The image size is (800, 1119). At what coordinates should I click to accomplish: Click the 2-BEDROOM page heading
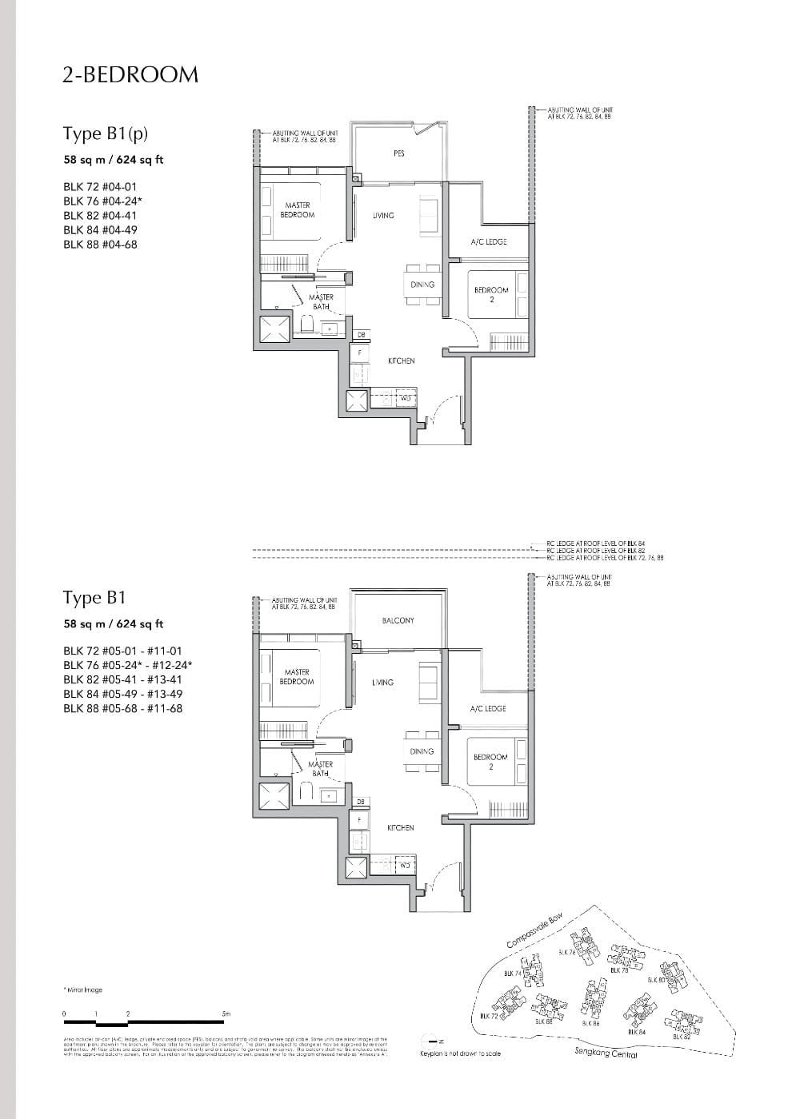[130, 74]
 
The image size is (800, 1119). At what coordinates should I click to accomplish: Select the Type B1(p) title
[106, 133]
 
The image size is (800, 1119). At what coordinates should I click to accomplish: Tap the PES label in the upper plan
[398, 153]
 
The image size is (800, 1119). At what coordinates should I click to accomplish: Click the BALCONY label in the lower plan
[398, 620]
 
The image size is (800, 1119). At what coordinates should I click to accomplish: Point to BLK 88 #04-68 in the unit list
[100, 245]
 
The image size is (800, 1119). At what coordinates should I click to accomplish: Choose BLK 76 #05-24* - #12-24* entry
[128, 665]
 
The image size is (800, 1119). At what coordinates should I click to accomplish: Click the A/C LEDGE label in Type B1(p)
[488, 241]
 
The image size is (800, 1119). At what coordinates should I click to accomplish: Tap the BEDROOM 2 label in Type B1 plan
[491, 762]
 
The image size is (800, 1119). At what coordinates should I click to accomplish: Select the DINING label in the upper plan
[422, 284]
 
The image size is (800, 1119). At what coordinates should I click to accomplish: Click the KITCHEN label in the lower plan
[401, 828]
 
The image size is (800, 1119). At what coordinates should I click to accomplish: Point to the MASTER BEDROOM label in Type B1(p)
[298, 210]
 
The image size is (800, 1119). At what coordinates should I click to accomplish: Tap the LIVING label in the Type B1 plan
[382, 683]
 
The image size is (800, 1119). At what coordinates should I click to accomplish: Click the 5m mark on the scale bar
[226, 1013]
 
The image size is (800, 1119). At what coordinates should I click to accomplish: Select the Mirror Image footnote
[83, 990]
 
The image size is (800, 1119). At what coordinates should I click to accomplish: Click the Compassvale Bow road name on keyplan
[541, 930]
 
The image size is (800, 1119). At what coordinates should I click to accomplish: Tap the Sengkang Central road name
[606, 1053]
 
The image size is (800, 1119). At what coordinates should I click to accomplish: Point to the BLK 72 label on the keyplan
[488, 1016]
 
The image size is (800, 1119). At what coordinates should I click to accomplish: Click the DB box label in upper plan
[360, 334]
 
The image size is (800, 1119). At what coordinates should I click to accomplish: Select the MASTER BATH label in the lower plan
[320, 769]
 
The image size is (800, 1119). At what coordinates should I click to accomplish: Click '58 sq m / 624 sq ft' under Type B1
[113, 624]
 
